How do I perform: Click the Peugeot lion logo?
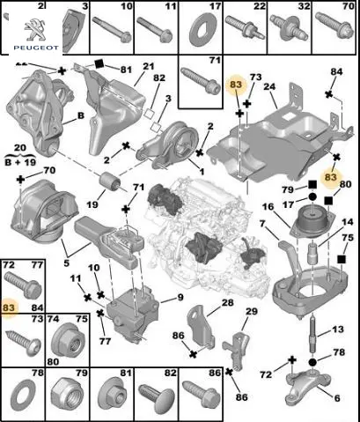(x=35, y=29)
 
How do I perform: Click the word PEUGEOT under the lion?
(x=36, y=48)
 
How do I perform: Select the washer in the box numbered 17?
(x=201, y=31)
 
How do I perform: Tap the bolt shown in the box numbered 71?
(x=201, y=81)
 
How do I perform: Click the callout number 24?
(x=270, y=87)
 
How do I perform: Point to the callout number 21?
(x=149, y=66)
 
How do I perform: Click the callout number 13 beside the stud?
(x=337, y=329)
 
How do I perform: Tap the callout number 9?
(x=180, y=297)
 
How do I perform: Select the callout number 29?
(x=252, y=311)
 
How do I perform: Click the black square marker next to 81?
(x=99, y=63)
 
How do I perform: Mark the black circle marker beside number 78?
(x=312, y=362)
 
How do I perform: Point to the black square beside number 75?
(x=341, y=259)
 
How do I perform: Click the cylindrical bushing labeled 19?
(x=110, y=181)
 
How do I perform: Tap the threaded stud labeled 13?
(x=313, y=332)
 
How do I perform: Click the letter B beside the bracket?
(x=80, y=115)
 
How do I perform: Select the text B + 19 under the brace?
(x=20, y=161)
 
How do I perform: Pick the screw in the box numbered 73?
(x=24, y=342)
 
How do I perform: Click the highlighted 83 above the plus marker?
(x=236, y=85)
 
